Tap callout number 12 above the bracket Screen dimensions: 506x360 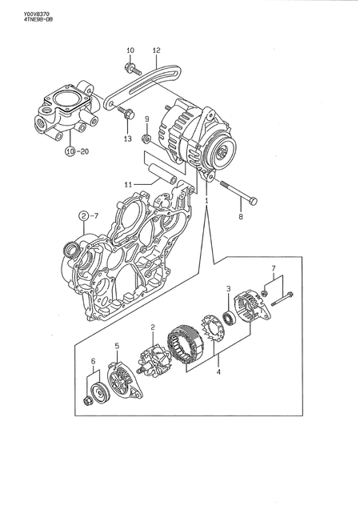coord(156,50)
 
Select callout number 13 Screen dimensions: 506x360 coord(128,139)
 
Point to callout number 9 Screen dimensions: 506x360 coord(146,120)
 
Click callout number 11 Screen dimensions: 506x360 coord(128,184)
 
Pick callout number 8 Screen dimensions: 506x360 coord(239,215)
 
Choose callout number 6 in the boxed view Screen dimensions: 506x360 coord(93,362)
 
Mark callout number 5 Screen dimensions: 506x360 coord(117,346)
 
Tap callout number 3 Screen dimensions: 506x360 coord(228,289)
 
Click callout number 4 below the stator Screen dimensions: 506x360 coord(218,371)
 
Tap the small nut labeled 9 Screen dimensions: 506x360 coord(146,139)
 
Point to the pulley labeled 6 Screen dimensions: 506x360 coord(98,395)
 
